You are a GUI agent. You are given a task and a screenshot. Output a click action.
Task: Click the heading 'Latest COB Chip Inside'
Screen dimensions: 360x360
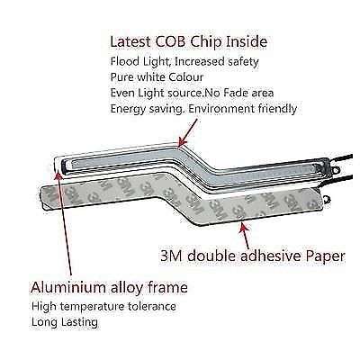[189, 41]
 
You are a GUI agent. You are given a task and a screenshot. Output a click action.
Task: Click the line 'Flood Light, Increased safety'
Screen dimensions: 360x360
[184, 61]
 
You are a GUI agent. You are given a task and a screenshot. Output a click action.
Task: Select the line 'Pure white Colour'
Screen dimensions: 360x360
[157, 77]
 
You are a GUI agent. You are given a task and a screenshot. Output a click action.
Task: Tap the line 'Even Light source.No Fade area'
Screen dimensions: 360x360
[192, 93]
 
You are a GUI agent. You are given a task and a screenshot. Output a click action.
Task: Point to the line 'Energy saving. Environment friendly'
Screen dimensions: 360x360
[203, 109]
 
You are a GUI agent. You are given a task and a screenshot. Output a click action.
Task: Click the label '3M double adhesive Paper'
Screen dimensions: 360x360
[253, 256]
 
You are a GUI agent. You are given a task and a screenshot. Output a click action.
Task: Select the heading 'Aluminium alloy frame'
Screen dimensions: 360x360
[109, 288]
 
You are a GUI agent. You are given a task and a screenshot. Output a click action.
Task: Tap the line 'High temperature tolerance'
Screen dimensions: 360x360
[103, 307]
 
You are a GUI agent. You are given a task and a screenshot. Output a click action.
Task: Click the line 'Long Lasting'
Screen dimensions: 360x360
[65, 322]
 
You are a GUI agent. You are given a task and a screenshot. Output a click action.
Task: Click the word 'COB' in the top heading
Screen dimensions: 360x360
[170, 41]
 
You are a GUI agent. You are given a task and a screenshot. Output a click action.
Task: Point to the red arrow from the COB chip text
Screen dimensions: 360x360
[188, 132]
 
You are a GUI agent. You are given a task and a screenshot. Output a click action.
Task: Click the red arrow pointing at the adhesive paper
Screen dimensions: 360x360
[245, 235]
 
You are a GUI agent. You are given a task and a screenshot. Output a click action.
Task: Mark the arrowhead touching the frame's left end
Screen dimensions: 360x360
[58, 174]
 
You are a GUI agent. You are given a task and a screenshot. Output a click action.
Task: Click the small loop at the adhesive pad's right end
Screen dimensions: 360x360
[327, 200]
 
